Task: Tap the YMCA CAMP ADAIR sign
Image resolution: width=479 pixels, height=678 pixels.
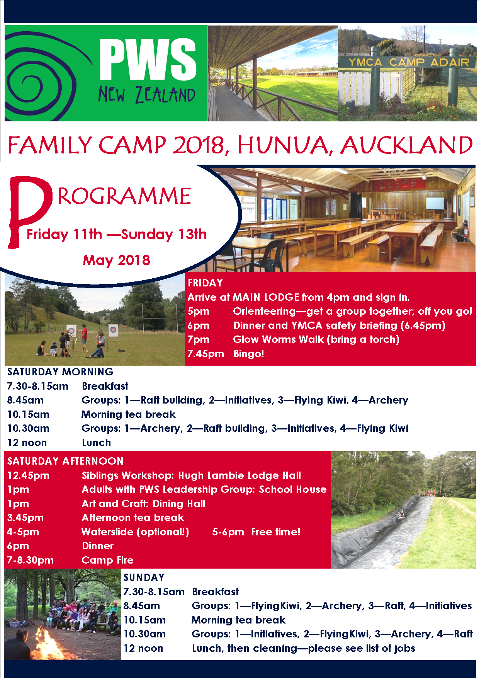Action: coord(409,62)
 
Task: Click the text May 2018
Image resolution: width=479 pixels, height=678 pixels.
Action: coord(116,260)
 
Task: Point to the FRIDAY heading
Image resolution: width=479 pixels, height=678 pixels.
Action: coord(205,283)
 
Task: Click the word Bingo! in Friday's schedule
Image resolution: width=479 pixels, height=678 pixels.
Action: coord(249,354)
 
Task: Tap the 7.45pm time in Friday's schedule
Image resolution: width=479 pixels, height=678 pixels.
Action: coord(206,354)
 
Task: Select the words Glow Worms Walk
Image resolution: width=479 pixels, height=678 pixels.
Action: coord(278,339)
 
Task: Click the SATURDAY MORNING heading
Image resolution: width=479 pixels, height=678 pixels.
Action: coord(60,372)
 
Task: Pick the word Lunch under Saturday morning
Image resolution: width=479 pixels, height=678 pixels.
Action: coord(96,443)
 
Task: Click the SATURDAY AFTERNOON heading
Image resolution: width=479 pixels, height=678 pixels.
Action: coord(65,461)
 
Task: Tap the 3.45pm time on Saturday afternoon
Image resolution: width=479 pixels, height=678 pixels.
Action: coord(25,518)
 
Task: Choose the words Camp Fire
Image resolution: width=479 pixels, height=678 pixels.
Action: coord(107,560)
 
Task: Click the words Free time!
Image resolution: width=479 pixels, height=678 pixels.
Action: coord(276,532)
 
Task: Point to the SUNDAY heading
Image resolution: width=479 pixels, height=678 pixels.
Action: coord(144,577)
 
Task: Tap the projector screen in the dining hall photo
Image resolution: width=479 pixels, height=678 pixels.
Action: coord(435,203)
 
